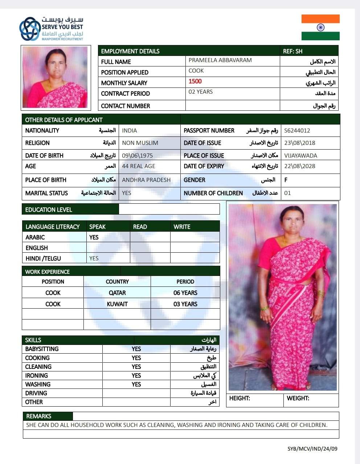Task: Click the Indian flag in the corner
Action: pyautogui.click(x=320, y=27)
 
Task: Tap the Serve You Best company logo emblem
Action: pyautogui.click(x=30, y=29)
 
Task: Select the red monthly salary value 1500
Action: pyautogui.click(x=195, y=81)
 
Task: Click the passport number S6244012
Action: pyautogui.click(x=297, y=131)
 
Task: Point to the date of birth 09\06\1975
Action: pyautogui.click(x=137, y=155)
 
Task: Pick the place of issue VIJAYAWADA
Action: pyautogui.click(x=300, y=155)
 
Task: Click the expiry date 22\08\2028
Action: pyautogui.click(x=300, y=166)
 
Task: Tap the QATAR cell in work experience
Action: pyautogui.click(x=117, y=293)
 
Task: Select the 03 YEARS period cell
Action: pyautogui.click(x=185, y=304)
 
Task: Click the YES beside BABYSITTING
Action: pyautogui.click(x=136, y=349)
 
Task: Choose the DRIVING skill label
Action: pyautogui.click(x=36, y=393)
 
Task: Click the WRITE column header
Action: pyautogui.click(x=182, y=227)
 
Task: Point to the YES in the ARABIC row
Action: pyautogui.click(x=94, y=237)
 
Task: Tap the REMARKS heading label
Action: pyautogui.click(x=39, y=416)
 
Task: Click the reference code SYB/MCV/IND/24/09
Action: pyautogui.click(x=312, y=449)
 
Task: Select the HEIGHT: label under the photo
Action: pyautogui.click(x=240, y=398)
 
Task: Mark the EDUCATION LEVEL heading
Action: pyautogui.click(x=49, y=209)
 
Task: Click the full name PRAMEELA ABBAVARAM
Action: pyautogui.click(x=220, y=60)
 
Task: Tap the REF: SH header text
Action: pyautogui.click(x=292, y=51)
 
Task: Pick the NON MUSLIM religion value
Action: pyautogui.click(x=140, y=143)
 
